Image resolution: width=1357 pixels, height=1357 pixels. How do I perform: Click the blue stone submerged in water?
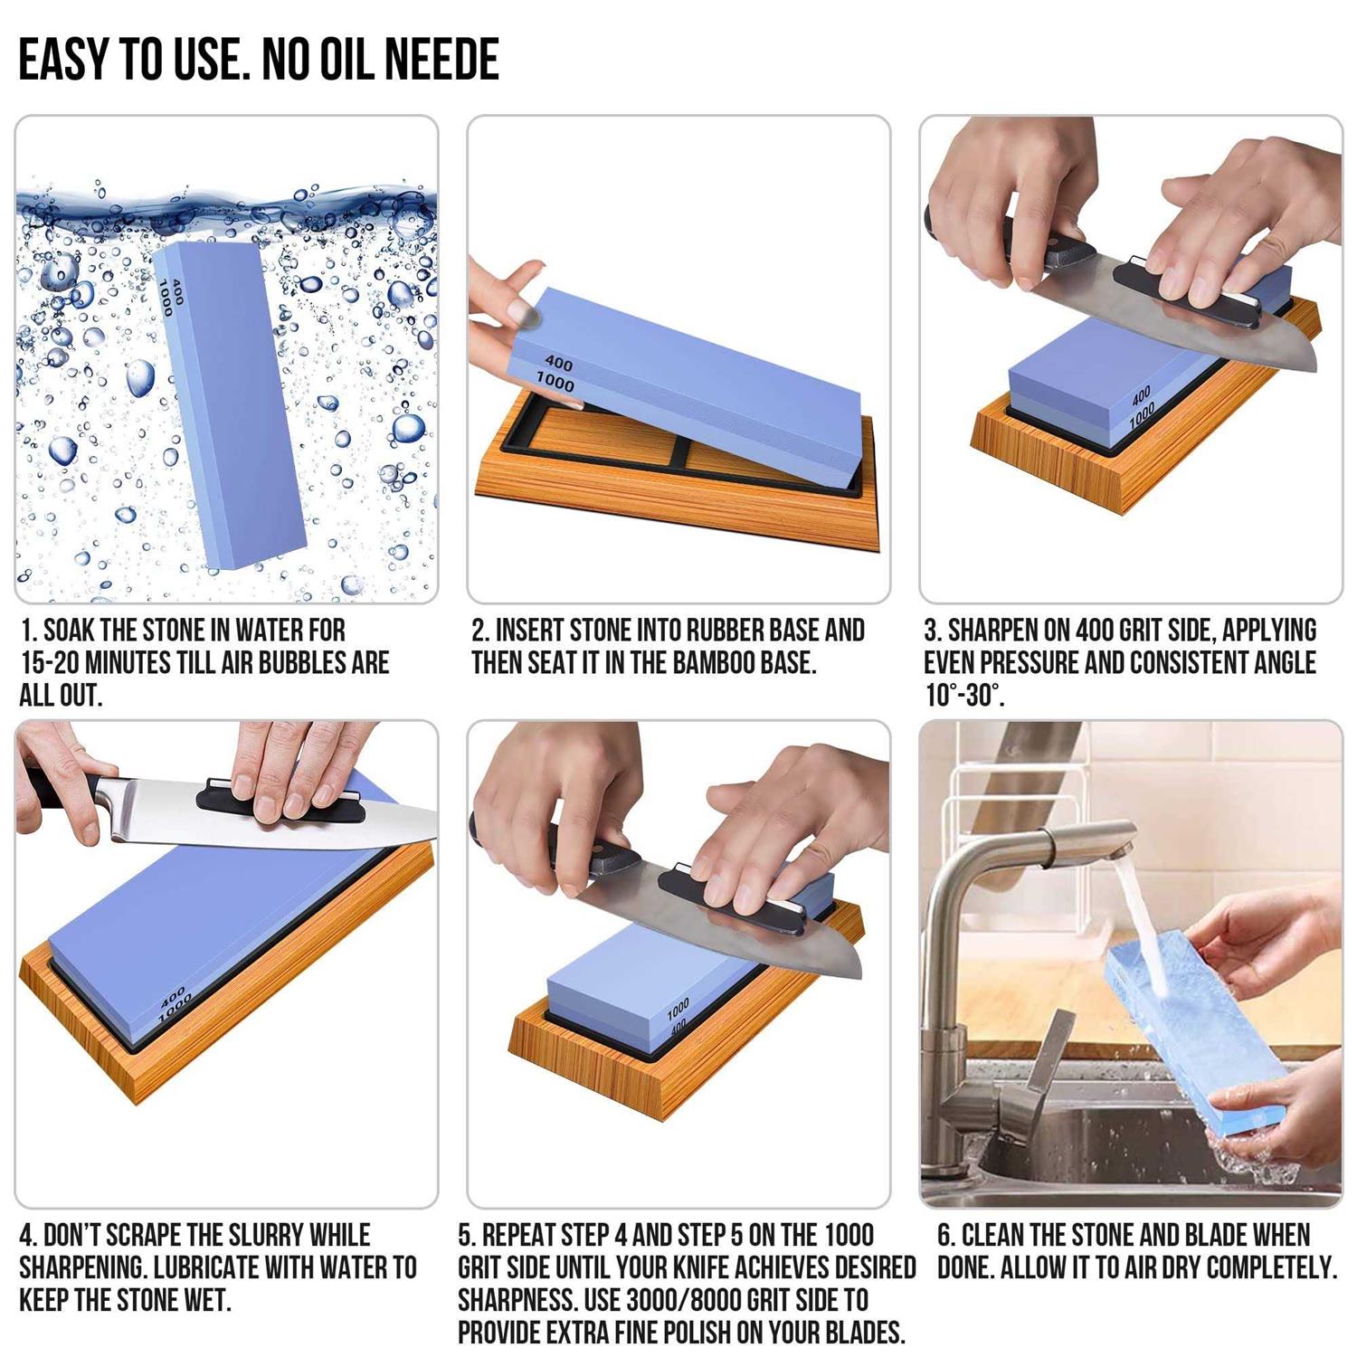231,407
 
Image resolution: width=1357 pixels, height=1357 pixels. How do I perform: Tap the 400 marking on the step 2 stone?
559,363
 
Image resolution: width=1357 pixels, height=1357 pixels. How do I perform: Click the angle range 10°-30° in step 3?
963,696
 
